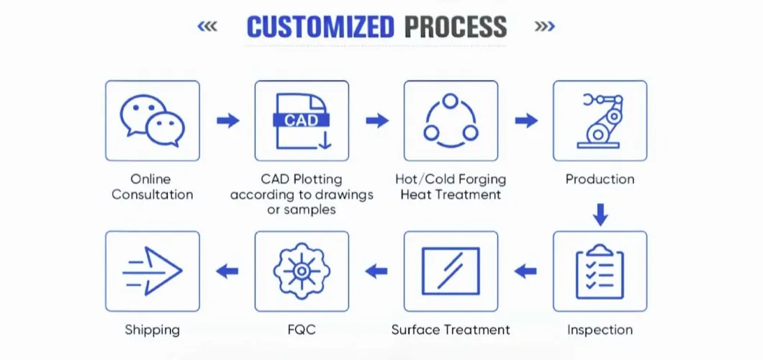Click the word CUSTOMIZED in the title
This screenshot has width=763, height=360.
(x=320, y=27)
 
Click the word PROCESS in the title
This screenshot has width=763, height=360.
(x=455, y=27)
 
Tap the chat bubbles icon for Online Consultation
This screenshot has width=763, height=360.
(x=153, y=120)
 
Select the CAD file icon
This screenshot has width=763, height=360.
(x=302, y=120)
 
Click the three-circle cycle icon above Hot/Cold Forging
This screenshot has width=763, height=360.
(x=451, y=120)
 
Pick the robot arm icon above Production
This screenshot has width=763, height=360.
(x=600, y=120)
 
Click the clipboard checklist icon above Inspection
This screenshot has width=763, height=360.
(x=600, y=271)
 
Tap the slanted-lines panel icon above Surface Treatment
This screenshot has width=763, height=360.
(x=451, y=271)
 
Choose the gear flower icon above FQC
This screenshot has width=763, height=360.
(x=302, y=271)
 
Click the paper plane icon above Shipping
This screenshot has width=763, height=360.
(x=153, y=271)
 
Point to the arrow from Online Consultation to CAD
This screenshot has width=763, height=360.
(x=227, y=120)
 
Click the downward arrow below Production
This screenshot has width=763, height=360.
(x=600, y=214)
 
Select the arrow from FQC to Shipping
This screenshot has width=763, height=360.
(x=227, y=271)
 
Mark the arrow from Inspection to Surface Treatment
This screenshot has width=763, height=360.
(x=525, y=271)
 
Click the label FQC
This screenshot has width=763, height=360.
(x=302, y=330)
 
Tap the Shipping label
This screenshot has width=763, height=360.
(x=153, y=330)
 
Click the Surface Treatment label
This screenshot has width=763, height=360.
(x=451, y=330)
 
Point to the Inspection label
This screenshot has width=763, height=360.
(x=600, y=330)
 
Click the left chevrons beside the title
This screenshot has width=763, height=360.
(x=207, y=27)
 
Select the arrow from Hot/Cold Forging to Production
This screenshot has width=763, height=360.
(x=525, y=120)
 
